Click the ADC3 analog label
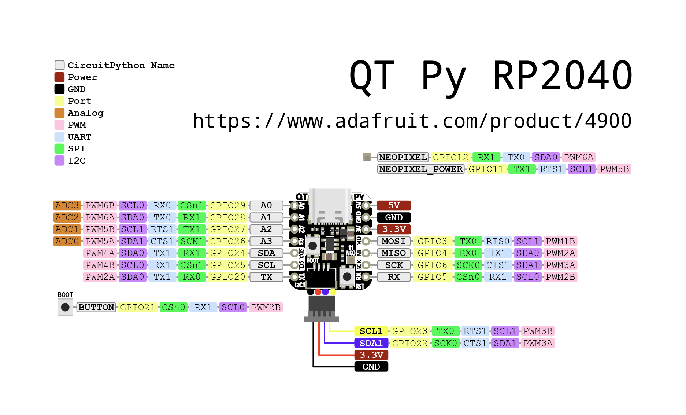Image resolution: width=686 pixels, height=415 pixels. click(x=67, y=205)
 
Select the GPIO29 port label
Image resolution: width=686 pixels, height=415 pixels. click(x=227, y=205)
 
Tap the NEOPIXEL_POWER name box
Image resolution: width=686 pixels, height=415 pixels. click(x=421, y=169)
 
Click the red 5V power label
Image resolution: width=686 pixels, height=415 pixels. click(x=394, y=205)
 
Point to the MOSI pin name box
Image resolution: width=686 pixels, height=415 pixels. click(x=393, y=241)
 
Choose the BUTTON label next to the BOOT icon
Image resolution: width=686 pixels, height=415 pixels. click(x=96, y=307)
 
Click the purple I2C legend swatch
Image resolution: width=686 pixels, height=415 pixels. click(x=59, y=161)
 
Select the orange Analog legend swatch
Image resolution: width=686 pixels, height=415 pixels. click(x=59, y=113)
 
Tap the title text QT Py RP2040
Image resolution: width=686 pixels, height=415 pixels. click(x=490, y=76)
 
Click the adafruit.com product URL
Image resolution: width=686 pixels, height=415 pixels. click(x=412, y=121)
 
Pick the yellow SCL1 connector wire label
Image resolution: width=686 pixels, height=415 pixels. click(x=371, y=331)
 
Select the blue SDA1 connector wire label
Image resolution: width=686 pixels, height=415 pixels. click(x=371, y=343)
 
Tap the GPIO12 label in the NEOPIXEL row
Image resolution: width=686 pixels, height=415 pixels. click(x=450, y=157)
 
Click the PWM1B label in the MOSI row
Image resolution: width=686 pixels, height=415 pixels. click(x=560, y=241)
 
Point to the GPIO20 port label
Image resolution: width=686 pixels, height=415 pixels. click(x=227, y=277)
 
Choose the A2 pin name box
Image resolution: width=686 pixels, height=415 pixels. click(x=266, y=229)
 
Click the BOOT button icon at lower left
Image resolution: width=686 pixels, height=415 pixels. click(x=65, y=307)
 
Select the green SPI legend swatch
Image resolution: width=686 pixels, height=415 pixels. click(x=59, y=148)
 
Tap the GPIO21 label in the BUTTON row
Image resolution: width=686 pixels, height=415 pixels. click(x=138, y=307)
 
